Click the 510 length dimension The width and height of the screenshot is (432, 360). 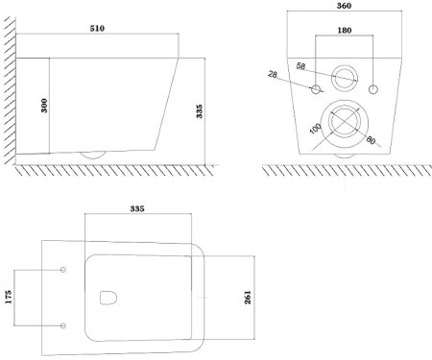(97, 29)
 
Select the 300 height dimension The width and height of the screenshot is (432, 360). (44, 106)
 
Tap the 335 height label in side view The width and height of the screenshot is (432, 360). (200, 111)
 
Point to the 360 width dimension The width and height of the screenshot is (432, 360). (344, 6)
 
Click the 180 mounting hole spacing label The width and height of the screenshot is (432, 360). (345, 31)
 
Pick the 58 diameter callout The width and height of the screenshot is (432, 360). (300, 66)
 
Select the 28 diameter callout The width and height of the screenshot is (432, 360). (273, 74)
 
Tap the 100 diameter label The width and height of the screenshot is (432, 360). (316, 129)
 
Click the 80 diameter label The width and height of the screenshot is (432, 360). (371, 140)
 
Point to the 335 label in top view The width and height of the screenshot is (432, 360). (137, 209)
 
